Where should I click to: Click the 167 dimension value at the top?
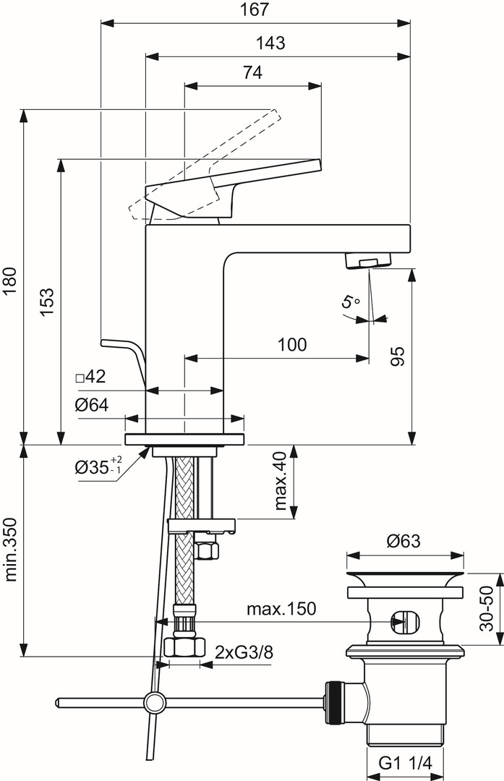255,10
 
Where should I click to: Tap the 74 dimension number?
252,73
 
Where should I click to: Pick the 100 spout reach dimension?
292,345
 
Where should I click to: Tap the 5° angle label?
351,302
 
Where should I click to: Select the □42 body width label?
90,377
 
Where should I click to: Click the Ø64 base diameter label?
91,405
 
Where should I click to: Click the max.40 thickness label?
281,482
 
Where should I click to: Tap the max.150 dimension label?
281,609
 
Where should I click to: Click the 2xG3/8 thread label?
244,652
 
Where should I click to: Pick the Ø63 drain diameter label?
403,541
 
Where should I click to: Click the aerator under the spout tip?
368,260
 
